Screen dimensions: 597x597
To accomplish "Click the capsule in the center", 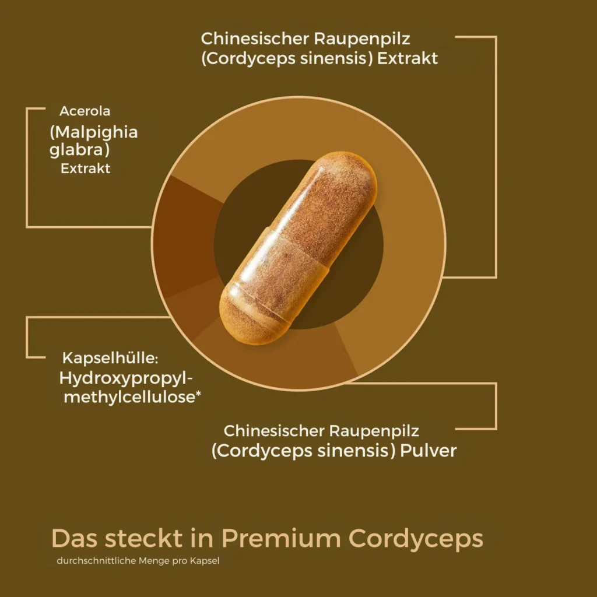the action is point(298,248).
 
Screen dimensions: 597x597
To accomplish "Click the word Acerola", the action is point(85,111).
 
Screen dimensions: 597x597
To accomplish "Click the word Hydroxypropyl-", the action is point(126,379).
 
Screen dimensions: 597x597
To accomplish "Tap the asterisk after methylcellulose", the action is point(198,395).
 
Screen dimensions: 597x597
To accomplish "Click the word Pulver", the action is point(429,451).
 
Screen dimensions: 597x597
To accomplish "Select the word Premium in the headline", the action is point(281,538).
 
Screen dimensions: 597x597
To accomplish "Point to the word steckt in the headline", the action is point(143,538).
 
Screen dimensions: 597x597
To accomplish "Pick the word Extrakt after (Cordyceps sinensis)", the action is point(408,59).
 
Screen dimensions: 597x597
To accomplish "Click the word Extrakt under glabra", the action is point(85,168).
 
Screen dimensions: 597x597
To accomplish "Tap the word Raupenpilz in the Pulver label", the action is point(374,431).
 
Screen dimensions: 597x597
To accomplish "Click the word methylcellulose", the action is point(129,398).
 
